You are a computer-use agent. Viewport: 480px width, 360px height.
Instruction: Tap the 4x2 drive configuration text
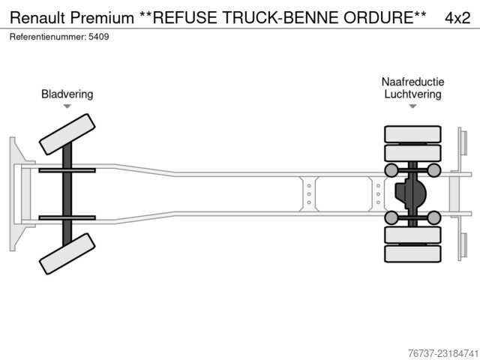click(x=457, y=18)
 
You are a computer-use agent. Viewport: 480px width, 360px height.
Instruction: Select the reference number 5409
click(x=98, y=37)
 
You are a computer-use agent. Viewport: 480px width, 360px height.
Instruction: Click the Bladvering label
click(x=67, y=94)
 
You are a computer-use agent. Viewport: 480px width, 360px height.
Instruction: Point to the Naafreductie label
click(x=412, y=82)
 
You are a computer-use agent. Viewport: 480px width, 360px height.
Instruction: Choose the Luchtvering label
click(x=412, y=94)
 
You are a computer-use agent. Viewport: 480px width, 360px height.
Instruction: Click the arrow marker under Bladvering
click(x=67, y=106)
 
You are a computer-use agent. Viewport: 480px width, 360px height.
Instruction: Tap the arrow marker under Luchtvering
click(x=412, y=106)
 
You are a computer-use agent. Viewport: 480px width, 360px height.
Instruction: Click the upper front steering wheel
click(x=67, y=134)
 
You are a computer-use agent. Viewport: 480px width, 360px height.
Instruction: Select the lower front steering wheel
click(x=67, y=253)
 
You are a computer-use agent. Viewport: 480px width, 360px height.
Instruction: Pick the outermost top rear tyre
click(x=412, y=134)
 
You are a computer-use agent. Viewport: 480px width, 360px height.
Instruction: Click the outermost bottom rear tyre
click(x=412, y=253)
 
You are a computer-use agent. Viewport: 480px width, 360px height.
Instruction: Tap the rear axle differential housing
click(x=409, y=193)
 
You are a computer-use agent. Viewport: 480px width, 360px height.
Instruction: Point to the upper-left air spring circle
click(x=391, y=170)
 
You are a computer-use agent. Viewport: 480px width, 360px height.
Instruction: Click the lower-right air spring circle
click(x=433, y=217)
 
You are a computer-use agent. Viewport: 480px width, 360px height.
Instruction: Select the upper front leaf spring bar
click(x=67, y=170)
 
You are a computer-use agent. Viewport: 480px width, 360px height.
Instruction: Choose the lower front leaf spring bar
click(x=67, y=218)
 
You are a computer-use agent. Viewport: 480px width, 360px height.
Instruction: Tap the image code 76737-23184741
click(x=443, y=353)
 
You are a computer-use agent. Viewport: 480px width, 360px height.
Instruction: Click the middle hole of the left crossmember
click(x=309, y=194)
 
